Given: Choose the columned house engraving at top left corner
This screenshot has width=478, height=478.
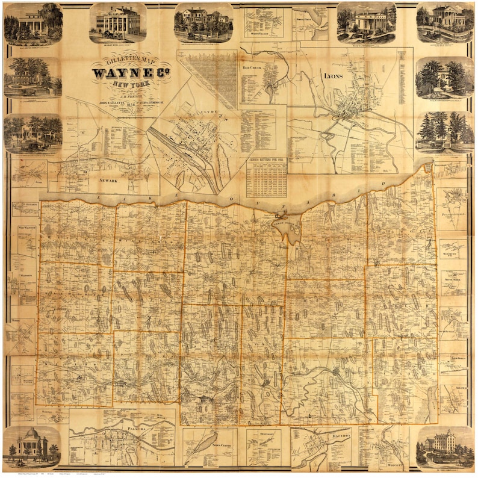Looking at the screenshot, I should tap(33, 23).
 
